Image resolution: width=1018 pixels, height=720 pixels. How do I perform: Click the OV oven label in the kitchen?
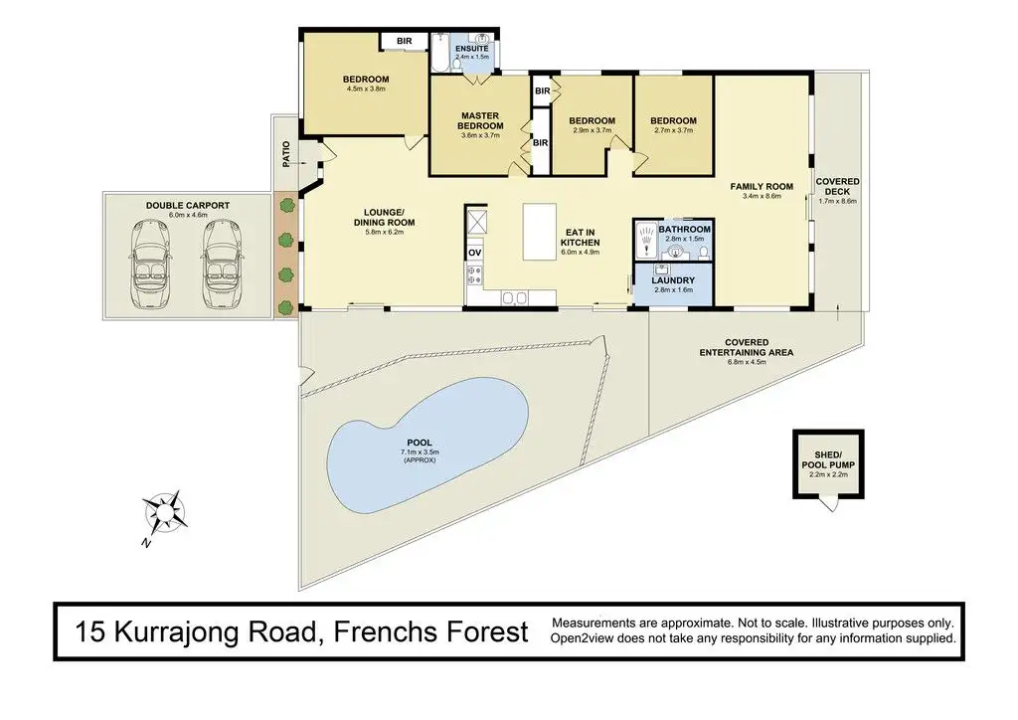pos(474,253)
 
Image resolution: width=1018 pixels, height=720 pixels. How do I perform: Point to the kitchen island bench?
pos(540,232)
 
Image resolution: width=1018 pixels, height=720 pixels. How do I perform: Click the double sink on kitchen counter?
pos(514,298)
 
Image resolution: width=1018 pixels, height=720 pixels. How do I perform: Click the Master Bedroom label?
pos(480,120)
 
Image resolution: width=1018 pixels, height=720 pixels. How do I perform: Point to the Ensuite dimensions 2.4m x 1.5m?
pos(472,57)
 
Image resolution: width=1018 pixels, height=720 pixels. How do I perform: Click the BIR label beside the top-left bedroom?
pos(405,41)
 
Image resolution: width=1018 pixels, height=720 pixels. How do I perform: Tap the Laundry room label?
pos(673,280)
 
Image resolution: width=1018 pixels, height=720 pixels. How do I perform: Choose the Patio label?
pos(287,154)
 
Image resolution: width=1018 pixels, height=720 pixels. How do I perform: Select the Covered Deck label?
pos(837,186)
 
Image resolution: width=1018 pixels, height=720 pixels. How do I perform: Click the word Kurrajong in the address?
pos(215,632)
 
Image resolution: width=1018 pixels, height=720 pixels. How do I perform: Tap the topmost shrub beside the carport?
pos(285,206)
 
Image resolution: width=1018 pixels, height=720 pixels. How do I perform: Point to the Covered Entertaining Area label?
pos(747,347)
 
